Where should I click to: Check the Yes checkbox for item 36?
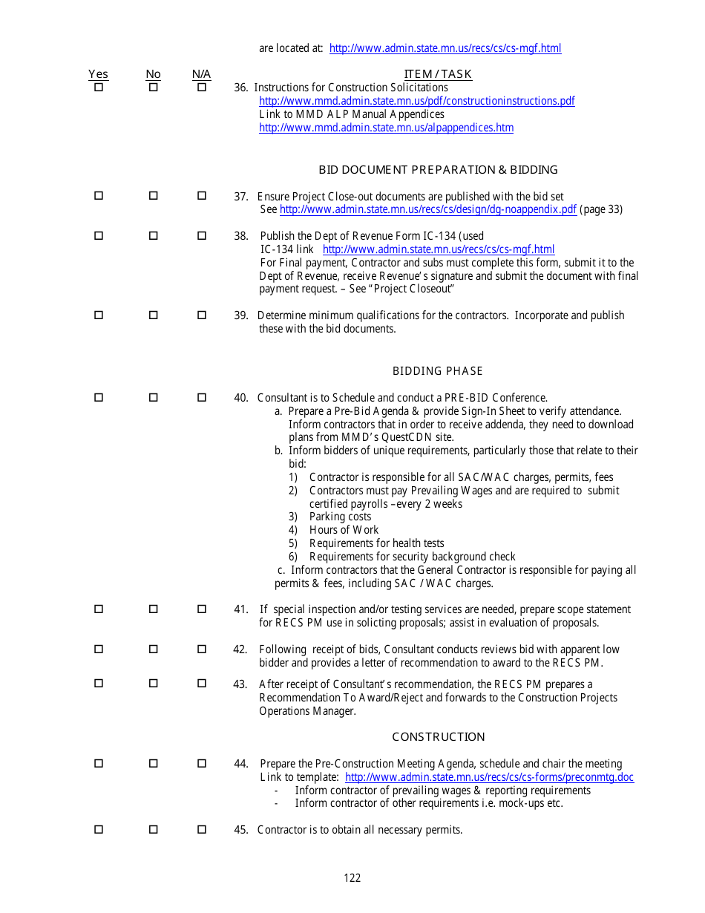click(x=98, y=87)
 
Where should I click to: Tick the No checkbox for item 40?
click(x=153, y=397)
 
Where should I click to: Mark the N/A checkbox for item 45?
click(x=201, y=829)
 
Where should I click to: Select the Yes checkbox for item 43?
click(x=98, y=684)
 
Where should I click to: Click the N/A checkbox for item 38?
click(x=201, y=235)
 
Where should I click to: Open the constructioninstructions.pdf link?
click(x=416, y=101)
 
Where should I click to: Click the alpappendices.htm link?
click(x=386, y=128)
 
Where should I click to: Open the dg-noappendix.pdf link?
click(x=427, y=209)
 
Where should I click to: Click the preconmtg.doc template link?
click(x=489, y=777)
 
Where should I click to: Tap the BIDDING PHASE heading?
click(x=437, y=371)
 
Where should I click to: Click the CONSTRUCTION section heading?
click(x=438, y=737)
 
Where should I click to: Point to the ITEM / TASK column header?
click(x=438, y=74)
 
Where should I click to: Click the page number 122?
click(x=352, y=878)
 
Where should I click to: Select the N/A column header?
click(x=201, y=74)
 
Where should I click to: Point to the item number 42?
click(x=240, y=649)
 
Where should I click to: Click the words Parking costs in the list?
click(x=340, y=517)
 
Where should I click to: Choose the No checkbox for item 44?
click(x=153, y=763)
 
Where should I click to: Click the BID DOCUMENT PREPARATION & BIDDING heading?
click(x=438, y=170)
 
